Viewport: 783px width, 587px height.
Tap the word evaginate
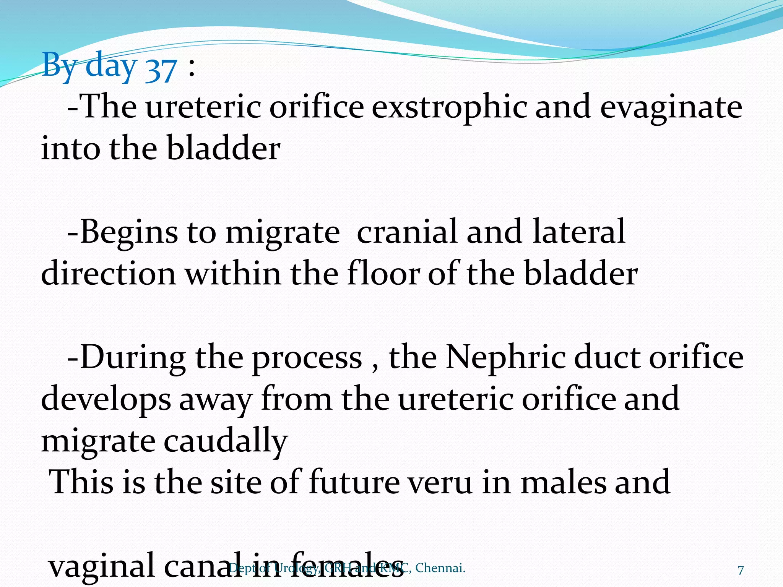671,107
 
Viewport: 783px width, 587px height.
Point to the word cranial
407,232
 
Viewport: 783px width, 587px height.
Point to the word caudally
226,441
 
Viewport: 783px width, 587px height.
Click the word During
133,358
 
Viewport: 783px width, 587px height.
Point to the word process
307,359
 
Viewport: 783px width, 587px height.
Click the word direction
108,274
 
